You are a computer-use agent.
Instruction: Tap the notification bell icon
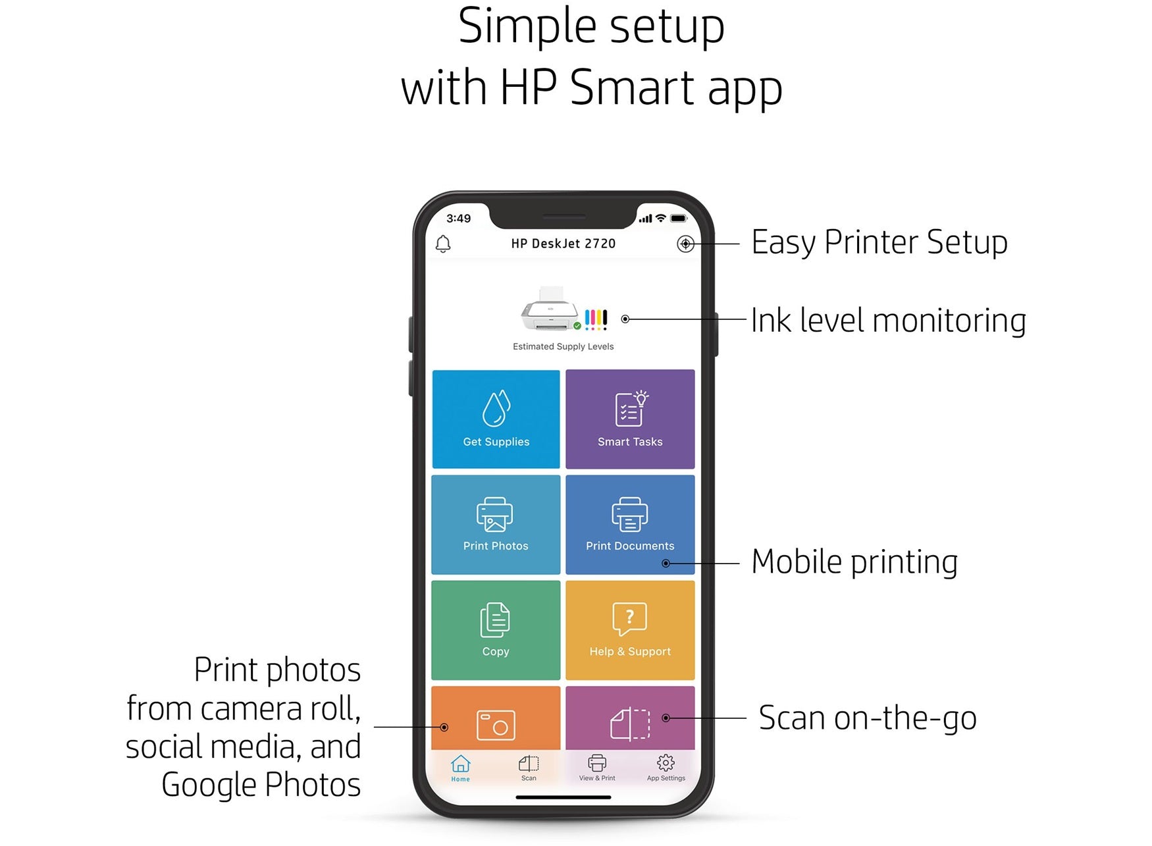point(443,244)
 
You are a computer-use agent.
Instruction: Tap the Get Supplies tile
point(496,419)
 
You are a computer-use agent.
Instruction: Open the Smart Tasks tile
point(630,419)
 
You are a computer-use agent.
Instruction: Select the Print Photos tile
point(496,525)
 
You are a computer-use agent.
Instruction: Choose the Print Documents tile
point(630,525)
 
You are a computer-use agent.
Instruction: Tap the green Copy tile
point(496,630)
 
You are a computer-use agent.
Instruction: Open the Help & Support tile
point(630,630)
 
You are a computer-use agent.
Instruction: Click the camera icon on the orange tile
point(496,725)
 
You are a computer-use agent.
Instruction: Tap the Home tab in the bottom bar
point(461,768)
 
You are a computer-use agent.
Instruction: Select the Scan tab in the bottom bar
point(529,768)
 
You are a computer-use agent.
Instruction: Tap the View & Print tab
point(597,768)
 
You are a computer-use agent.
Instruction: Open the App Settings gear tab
point(666,768)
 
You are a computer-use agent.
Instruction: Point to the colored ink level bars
point(596,319)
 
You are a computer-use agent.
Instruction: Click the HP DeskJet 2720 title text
point(563,244)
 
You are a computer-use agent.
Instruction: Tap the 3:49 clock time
point(458,219)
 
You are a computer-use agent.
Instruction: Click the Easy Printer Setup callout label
point(879,242)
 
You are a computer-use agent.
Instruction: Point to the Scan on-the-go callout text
point(868,718)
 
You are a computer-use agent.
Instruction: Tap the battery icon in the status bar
point(679,219)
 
